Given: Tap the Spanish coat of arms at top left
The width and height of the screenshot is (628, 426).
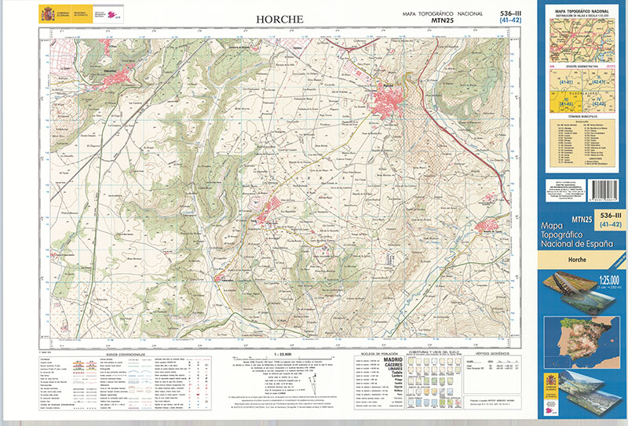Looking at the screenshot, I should [x=46, y=13].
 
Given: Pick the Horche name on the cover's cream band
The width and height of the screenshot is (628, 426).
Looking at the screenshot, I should [x=579, y=258].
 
